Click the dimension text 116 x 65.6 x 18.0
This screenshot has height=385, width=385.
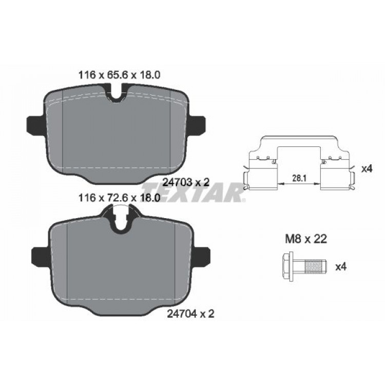click(x=120, y=74)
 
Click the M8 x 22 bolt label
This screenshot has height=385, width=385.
click(x=306, y=239)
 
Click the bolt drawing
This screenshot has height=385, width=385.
click(x=303, y=266)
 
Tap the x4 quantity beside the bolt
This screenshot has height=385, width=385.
click(x=340, y=266)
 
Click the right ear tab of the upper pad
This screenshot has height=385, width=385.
click(x=198, y=124)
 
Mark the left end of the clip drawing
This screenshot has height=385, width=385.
click(x=246, y=177)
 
